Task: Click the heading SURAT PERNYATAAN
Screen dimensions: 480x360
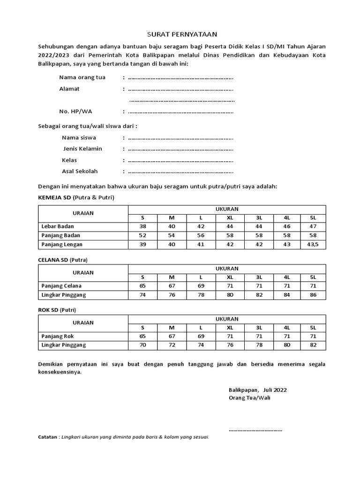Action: (180, 34)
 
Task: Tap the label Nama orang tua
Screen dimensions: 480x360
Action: (82, 77)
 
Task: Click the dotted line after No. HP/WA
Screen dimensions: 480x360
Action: (180, 112)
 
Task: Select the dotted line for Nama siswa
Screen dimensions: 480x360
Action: (180, 138)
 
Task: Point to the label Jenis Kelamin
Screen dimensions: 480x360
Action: (82, 149)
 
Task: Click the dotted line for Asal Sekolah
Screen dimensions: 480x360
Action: (180, 172)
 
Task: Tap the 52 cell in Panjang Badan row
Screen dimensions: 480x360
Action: (143, 235)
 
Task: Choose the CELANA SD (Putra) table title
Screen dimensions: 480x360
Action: (63, 260)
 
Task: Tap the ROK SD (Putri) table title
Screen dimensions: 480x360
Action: (57, 310)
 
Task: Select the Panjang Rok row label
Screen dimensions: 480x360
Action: (58, 336)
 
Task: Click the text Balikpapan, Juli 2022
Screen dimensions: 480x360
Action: (258, 390)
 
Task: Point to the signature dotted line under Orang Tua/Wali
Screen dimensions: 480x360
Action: (255, 429)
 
